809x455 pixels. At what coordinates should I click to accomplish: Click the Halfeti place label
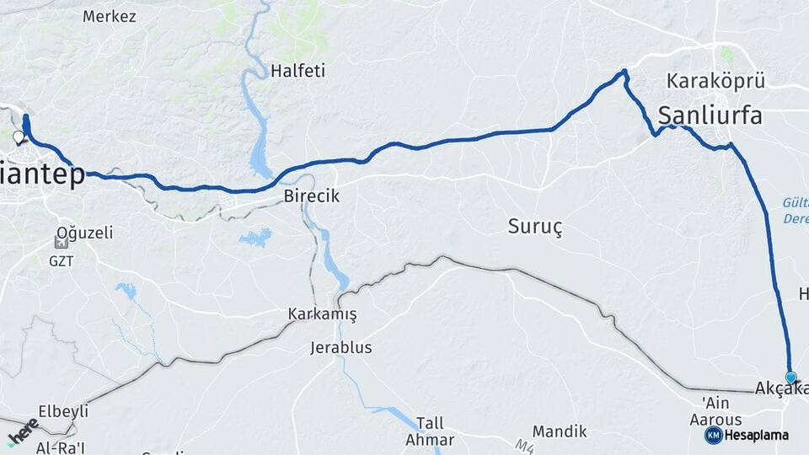coord(297,72)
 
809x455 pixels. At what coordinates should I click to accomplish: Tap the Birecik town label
coord(311,196)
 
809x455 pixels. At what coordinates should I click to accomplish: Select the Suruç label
coord(535,226)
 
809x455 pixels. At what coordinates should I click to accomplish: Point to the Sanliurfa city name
coord(710,115)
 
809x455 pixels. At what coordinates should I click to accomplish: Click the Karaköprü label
coord(715,82)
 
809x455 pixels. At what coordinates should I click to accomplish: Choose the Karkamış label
coord(322,314)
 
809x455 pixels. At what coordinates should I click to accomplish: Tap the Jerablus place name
coord(340,347)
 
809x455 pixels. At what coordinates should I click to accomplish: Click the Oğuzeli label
coord(84,233)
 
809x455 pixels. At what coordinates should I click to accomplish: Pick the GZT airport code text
coord(62,260)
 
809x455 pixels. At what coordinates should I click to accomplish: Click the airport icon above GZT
coord(61,243)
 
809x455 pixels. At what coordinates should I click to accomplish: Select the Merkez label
coord(109,16)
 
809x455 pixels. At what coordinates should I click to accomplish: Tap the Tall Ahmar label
coord(430,431)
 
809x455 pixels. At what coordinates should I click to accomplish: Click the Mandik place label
coord(560,431)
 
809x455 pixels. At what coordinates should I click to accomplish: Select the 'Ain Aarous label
coord(715,411)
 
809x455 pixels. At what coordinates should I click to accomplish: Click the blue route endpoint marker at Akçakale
coord(790,377)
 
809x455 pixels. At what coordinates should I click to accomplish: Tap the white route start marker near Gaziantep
coord(19,136)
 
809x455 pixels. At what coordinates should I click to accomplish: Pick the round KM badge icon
coord(713,435)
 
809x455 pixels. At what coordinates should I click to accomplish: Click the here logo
coord(23,431)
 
